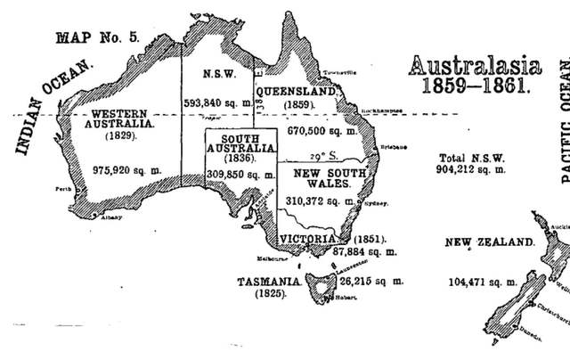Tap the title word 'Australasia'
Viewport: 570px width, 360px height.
click(x=468, y=66)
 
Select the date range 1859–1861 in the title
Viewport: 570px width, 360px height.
click(x=468, y=88)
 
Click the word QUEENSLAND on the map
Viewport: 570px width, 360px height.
click(x=296, y=91)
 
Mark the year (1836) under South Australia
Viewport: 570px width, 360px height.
click(x=234, y=158)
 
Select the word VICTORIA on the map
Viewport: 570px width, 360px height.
click(x=305, y=239)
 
